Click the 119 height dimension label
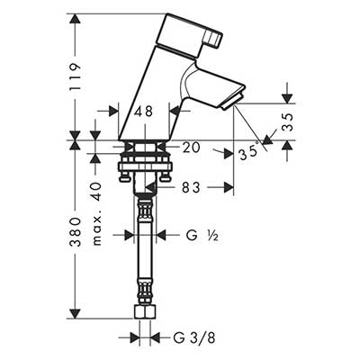(x=75, y=76)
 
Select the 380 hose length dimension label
(x=75, y=232)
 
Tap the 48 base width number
(x=143, y=112)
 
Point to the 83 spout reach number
(x=191, y=188)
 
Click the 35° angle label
(x=249, y=152)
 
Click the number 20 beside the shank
(x=191, y=148)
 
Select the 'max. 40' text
(x=96, y=213)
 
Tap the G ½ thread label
(x=202, y=236)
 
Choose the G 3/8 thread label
(x=194, y=338)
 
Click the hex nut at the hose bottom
(x=144, y=313)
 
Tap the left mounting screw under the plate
(x=124, y=176)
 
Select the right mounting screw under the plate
(x=165, y=176)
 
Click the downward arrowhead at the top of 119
(x=75, y=20)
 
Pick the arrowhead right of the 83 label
(x=229, y=187)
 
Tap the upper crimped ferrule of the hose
(x=144, y=207)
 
